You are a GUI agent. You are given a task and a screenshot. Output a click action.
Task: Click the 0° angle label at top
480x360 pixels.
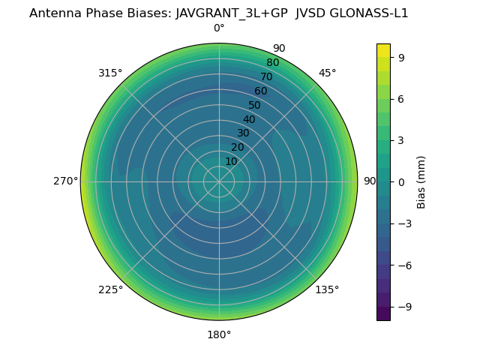click(x=219, y=28)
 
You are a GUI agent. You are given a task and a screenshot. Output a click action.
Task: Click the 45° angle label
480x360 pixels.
click(x=327, y=73)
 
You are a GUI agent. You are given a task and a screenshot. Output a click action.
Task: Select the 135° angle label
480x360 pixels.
click(x=327, y=289)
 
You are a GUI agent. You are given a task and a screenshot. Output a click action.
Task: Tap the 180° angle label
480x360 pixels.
click(x=219, y=334)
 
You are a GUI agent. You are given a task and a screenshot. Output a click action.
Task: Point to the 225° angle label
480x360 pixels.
click(x=110, y=289)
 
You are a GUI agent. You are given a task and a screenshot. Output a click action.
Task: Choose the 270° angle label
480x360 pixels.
click(x=65, y=181)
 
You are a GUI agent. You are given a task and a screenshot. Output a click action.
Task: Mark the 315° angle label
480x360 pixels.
click(x=110, y=73)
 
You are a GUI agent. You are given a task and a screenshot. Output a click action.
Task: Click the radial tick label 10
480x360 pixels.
click(x=231, y=161)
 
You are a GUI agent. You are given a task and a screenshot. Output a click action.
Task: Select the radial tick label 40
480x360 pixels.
click(x=249, y=119)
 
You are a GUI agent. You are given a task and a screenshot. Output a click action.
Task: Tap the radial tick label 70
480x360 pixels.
click(x=266, y=76)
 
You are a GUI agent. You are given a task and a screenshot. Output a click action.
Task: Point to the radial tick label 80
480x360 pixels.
click(x=272, y=62)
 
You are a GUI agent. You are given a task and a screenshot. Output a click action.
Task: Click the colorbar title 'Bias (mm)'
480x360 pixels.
click(x=421, y=181)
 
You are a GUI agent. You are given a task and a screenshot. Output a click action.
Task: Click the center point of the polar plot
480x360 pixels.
click(x=219, y=181)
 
